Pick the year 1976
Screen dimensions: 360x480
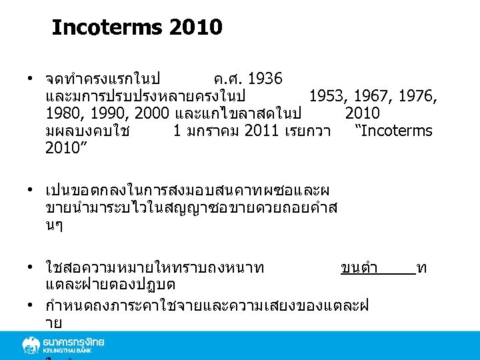point(420,96)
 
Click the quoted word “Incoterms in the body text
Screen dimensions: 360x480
point(393,131)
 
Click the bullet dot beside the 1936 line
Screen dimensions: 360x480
point(31,79)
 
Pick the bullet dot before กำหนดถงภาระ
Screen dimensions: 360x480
point(31,306)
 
